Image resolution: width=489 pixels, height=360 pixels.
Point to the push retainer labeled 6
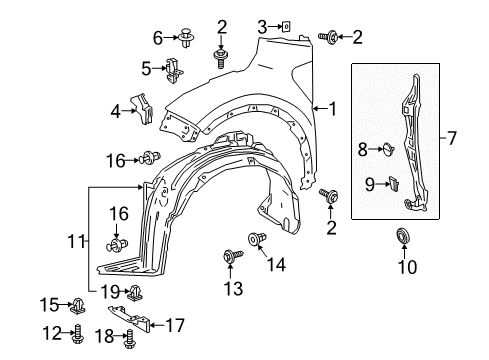point(185,38)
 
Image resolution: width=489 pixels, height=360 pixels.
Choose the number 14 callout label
point(274,264)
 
